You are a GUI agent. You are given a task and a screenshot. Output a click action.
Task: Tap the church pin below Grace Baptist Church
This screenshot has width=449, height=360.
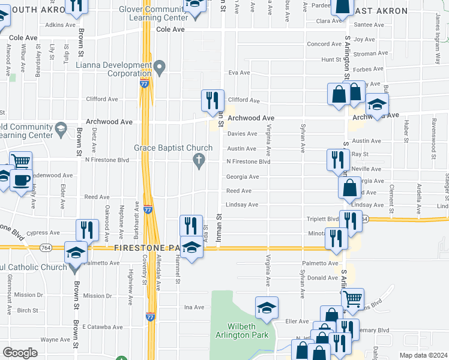click(199, 161)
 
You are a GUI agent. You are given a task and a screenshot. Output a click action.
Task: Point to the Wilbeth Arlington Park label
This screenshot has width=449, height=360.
click(243, 331)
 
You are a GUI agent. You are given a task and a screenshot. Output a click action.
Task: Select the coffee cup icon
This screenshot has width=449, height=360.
click(22, 179)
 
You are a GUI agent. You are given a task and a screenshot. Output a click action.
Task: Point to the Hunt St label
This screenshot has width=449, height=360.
click(331, 60)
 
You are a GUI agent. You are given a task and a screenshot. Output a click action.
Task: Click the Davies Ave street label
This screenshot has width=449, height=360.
click(242, 134)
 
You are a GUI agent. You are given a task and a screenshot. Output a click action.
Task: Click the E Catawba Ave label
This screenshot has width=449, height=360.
click(103, 327)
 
